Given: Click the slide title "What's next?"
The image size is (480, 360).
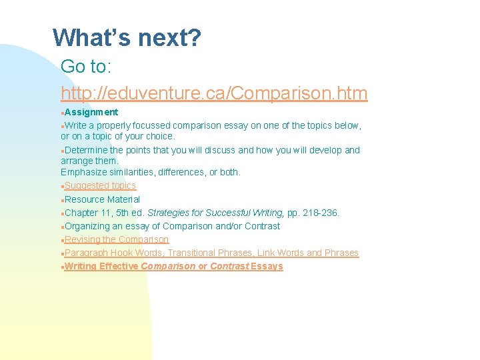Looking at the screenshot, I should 126,38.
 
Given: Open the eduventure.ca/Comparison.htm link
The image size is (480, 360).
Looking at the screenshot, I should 214,93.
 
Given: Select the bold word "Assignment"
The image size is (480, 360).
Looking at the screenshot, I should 91,112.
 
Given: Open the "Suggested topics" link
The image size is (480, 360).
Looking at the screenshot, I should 100,185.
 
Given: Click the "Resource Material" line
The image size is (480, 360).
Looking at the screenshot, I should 102,199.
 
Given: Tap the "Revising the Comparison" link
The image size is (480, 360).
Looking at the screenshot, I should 117,239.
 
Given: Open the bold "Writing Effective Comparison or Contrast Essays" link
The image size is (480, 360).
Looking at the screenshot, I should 174,266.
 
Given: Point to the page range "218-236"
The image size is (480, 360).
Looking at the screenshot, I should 321,213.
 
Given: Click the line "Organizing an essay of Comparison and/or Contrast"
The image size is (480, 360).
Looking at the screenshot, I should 172,226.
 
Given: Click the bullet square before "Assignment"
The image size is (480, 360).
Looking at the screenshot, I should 63,113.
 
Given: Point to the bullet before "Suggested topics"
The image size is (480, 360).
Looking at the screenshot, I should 63,186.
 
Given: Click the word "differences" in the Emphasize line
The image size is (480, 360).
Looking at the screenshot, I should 182,172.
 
